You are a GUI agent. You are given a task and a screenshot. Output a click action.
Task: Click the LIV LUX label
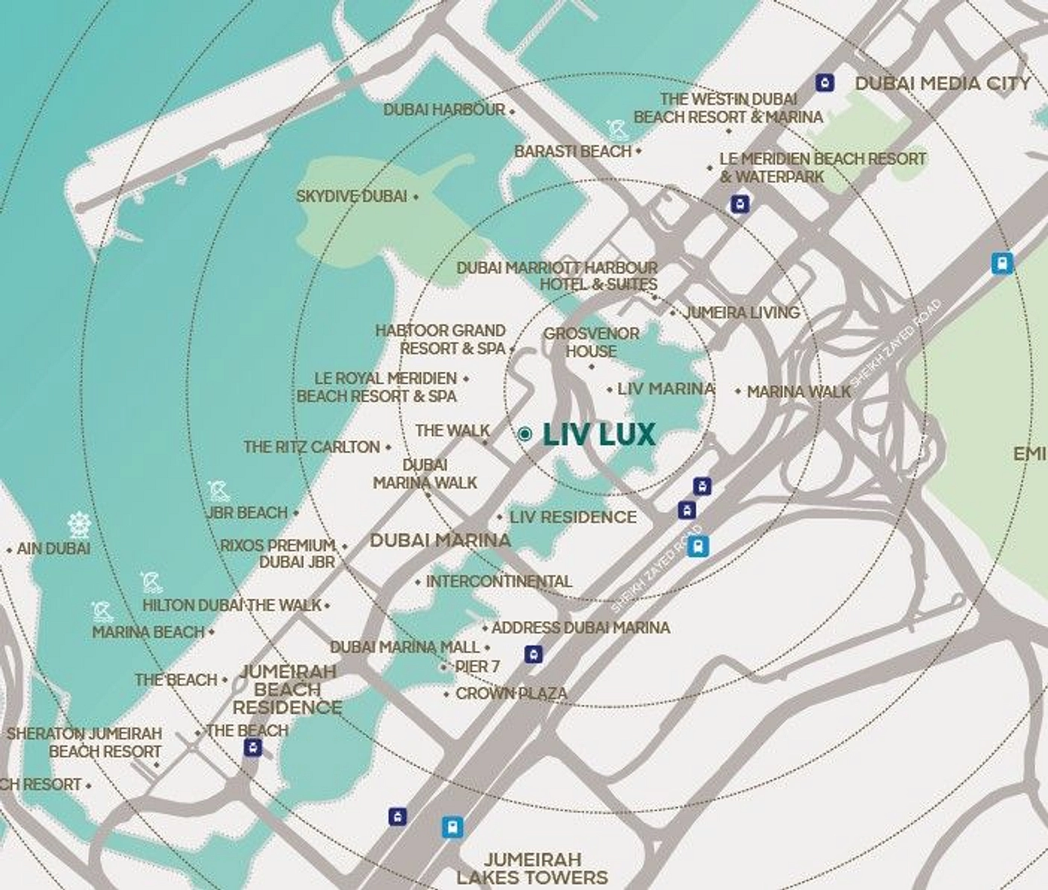(x=599, y=434)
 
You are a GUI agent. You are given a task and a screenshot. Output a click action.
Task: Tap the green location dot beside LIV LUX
(x=526, y=434)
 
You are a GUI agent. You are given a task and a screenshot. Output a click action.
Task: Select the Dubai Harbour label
(x=444, y=110)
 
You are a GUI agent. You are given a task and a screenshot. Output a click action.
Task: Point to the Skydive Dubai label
(x=352, y=197)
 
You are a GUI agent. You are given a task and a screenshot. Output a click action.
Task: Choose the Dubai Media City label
(x=943, y=84)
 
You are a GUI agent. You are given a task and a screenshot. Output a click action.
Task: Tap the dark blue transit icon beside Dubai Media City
(x=824, y=82)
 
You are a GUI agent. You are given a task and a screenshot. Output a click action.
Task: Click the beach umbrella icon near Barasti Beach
(x=617, y=130)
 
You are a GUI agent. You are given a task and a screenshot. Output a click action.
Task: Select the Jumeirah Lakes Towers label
(x=532, y=868)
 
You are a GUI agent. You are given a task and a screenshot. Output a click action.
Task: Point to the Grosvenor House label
(x=591, y=343)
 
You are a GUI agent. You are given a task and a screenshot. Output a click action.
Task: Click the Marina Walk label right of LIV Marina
(x=799, y=392)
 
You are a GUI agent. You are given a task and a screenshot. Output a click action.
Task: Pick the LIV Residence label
(x=573, y=517)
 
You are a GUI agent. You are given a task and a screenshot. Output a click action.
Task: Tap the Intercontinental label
(x=498, y=582)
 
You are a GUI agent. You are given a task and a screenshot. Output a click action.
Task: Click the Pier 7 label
(x=477, y=667)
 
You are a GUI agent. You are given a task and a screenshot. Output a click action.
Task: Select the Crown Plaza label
(x=511, y=693)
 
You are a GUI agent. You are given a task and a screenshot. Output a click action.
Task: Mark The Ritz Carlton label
(x=312, y=447)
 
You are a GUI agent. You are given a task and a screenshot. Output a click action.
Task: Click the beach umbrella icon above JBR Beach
(x=219, y=492)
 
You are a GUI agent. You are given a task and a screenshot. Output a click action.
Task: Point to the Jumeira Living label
(x=742, y=312)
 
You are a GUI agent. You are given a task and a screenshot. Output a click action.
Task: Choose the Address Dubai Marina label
(x=580, y=628)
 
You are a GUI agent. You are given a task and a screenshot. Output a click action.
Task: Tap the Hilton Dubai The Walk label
(x=232, y=605)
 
